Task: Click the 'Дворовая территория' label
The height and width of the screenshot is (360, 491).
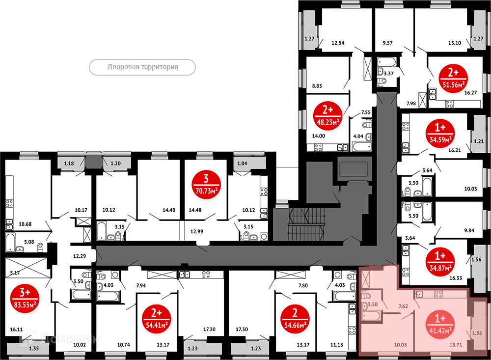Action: point(142,67)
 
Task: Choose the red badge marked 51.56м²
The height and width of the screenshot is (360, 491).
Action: point(453,78)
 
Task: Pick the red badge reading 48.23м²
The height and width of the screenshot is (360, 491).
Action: point(327,116)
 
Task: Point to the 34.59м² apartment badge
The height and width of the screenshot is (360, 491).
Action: point(440,134)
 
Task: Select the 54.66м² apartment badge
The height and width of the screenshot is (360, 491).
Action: point(295,319)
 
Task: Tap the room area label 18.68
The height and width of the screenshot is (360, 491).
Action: point(25,224)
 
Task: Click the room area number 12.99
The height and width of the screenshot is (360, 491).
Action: point(197,231)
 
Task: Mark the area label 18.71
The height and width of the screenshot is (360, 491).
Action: point(456,345)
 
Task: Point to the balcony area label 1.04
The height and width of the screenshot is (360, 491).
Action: point(242,163)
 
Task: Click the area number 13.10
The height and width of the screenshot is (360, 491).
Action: point(455,43)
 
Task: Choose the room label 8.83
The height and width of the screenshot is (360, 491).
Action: point(317,86)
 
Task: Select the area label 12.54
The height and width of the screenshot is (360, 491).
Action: point(338,43)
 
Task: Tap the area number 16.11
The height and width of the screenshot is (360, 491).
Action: point(16,329)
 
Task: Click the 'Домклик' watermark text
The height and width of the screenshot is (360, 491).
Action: point(60,339)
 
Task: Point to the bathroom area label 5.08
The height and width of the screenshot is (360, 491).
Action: point(29,242)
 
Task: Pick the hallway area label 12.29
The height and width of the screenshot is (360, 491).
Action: point(80,256)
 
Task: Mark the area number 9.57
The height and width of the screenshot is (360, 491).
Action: point(388,43)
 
